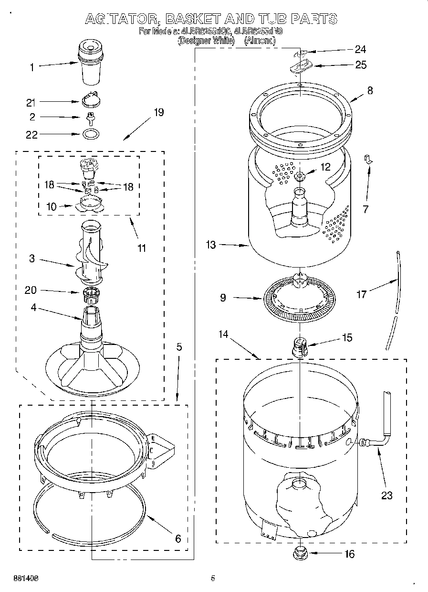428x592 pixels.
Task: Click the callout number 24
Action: (360, 49)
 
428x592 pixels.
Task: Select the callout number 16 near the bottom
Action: (349, 554)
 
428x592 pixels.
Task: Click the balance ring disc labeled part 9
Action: (299, 299)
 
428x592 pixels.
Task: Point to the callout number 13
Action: (211, 245)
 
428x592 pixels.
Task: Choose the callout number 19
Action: (158, 112)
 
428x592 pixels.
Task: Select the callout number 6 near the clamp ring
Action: (177, 538)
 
